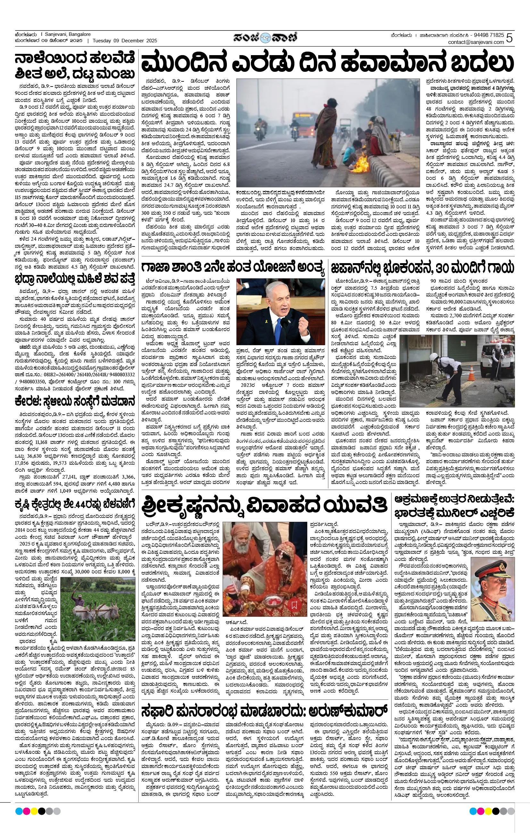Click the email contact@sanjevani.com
pos(476,42)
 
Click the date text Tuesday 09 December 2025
pos(125,40)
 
